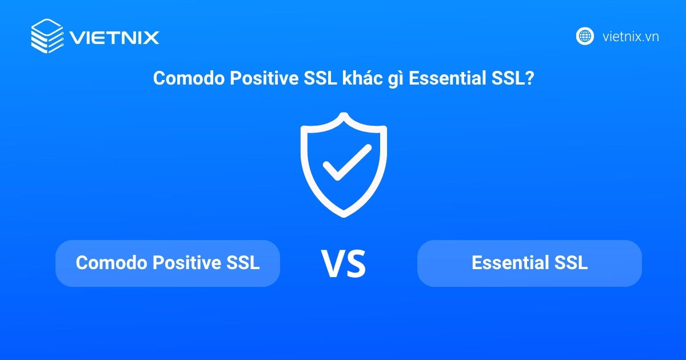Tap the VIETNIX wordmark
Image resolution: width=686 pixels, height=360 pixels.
[114, 38]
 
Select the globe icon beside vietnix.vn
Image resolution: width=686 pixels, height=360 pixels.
[584, 37]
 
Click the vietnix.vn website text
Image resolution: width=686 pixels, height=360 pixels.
[631, 37]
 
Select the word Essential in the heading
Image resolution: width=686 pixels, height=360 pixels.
[448, 79]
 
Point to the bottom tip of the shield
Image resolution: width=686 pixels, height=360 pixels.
[344, 215]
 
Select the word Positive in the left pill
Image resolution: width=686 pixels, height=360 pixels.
[184, 263]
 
